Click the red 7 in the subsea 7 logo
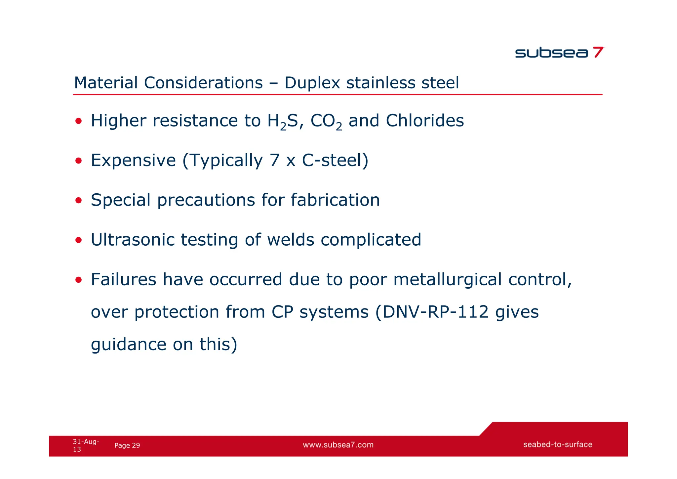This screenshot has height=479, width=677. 598,52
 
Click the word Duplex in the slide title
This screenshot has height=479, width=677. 312,83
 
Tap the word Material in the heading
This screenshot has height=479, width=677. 106,83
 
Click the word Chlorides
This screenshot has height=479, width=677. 425,120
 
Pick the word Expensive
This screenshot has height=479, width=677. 133,161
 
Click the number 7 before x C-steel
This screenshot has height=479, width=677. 274,161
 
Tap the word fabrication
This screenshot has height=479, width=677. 335,200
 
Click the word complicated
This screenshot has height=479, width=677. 371,240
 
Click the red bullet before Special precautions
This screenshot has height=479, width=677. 78,201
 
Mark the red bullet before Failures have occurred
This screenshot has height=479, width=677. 78,280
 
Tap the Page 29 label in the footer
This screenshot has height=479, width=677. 127,446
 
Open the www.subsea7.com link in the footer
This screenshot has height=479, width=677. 338,445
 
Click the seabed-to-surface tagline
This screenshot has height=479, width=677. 557,445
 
